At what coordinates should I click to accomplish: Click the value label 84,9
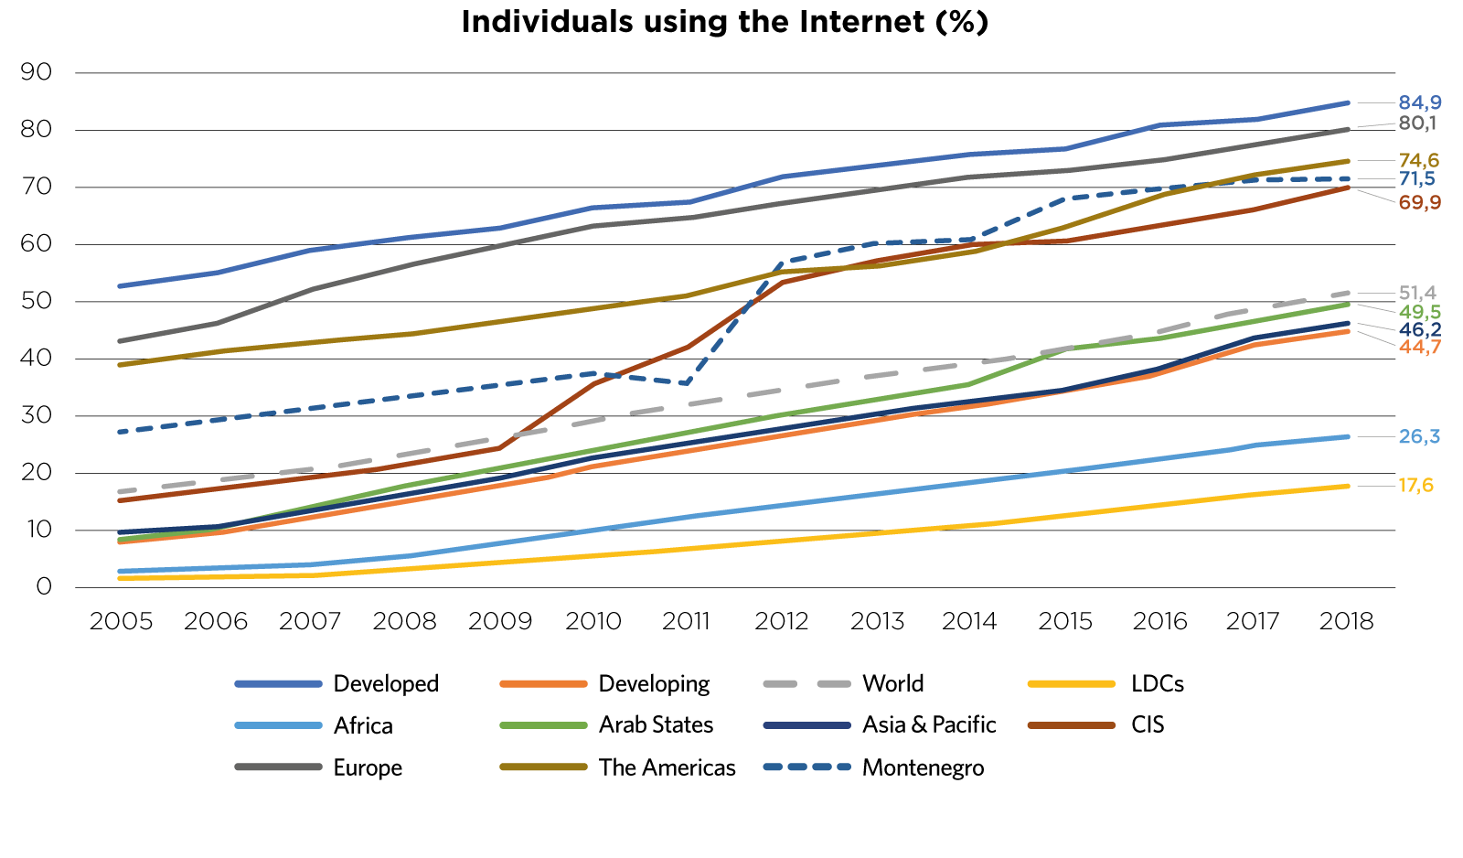tap(1419, 102)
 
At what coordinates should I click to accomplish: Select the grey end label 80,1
tap(1417, 123)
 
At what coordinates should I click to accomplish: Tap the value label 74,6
tap(1418, 161)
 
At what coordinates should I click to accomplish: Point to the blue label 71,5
tap(1417, 179)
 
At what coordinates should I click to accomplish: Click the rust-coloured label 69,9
tap(1419, 202)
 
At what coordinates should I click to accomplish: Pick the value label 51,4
tap(1417, 294)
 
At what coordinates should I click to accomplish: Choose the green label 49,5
tap(1419, 313)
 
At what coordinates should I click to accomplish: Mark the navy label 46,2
tap(1419, 330)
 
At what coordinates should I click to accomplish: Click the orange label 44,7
tap(1419, 348)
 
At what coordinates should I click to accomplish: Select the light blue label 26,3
tap(1419, 437)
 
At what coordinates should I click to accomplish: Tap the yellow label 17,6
tap(1415, 486)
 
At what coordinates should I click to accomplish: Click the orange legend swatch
tap(543, 683)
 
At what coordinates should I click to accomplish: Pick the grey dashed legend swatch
tap(806, 683)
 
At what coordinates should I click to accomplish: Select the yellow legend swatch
tap(1071, 683)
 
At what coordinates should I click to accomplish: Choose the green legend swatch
tap(543, 725)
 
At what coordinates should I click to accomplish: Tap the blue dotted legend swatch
tap(806, 767)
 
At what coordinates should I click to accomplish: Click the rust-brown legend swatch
tap(1071, 725)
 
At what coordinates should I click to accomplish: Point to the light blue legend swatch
tap(278, 725)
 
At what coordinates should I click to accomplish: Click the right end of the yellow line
tap(1348, 487)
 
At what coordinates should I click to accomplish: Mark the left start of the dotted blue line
tap(120, 432)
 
